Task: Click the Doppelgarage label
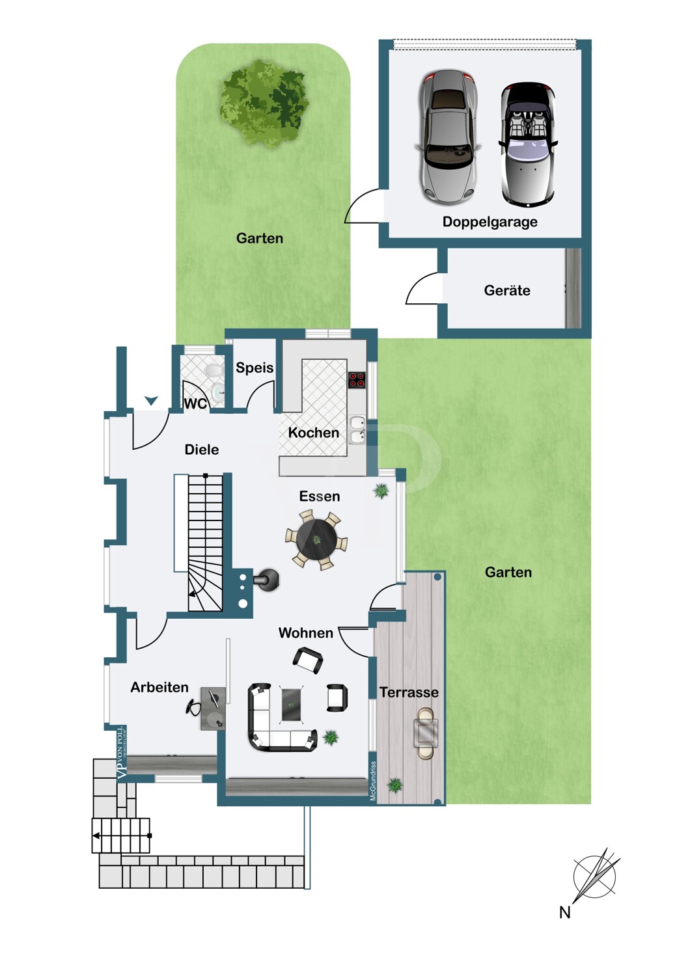[490, 223]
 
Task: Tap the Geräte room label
[507, 290]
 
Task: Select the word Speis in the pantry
[255, 368]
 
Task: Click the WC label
[195, 404]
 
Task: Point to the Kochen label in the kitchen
[313, 433]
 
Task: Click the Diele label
[202, 450]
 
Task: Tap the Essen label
[320, 496]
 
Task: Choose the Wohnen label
[305, 632]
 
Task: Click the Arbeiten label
[159, 687]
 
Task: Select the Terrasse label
[409, 692]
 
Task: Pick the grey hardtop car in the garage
[448, 137]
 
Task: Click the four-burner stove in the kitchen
[357, 379]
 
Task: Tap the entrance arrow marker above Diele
[151, 401]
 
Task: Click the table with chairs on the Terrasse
[426, 733]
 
